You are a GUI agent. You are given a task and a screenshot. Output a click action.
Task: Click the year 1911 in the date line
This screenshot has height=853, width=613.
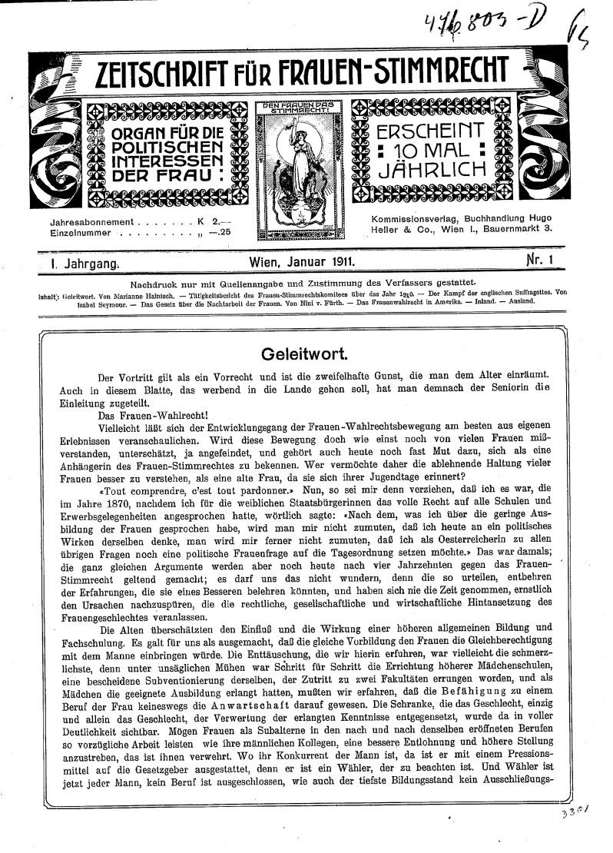[x=338, y=263]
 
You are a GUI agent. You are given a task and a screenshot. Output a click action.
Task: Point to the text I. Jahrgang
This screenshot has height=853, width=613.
[x=81, y=263]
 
